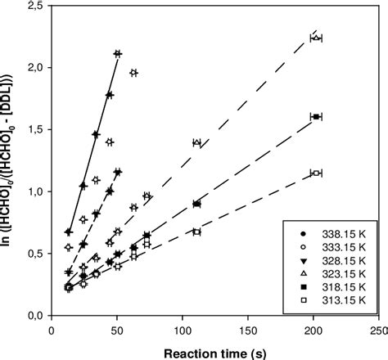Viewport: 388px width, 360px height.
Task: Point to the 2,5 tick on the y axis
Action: pyautogui.click(x=34, y=6)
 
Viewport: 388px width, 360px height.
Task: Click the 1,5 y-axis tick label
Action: pyautogui.click(x=34, y=129)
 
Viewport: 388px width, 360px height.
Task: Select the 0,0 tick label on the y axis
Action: pyautogui.click(x=34, y=315)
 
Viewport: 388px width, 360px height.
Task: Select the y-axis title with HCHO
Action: pyautogui.click(x=9, y=160)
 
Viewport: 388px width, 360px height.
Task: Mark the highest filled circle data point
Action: pyautogui.click(x=118, y=54)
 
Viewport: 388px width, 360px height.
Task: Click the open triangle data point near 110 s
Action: pyautogui.click(x=196, y=142)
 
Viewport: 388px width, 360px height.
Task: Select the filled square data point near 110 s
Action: pyautogui.click(x=196, y=204)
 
